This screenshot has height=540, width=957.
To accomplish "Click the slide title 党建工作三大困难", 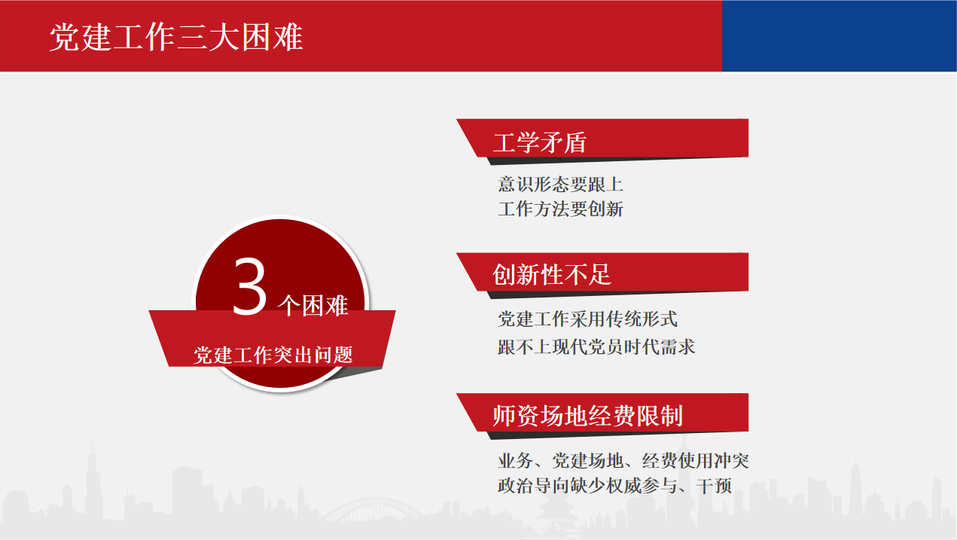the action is pyautogui.click(x=176, y=38).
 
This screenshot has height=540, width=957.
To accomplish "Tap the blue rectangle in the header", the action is pyautogui.click(x=839, y=35).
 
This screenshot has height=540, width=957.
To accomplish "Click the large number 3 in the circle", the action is pyautogui.click(x=250, y=287).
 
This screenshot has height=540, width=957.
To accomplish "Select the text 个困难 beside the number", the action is pyautogui.click(x=312, y=306).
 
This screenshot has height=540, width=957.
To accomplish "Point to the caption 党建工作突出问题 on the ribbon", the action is pyautogui.click(x=273, y=355).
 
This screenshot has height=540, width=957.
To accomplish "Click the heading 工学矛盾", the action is pyautogui.click(x=540, y=142).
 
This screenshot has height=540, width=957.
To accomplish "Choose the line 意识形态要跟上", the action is pyautogui.click(x=560, y=185).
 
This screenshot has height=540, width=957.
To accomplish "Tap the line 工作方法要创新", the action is pyautogui.click(x=560, y=209).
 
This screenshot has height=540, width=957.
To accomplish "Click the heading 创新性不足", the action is pyautogui.click(x=552, y=274).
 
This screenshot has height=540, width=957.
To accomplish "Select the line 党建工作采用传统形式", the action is pyautogui.click(x=587, y=319).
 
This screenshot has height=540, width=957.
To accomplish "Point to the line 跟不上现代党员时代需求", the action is pyautogui.click(x=596, y=346).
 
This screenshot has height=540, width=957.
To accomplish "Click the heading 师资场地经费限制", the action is pyautogui.click(x=587, y=415).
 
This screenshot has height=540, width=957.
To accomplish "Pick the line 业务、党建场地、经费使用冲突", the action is pyautogui.click(x=623, y=460).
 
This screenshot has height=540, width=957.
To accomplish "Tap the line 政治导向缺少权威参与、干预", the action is pyautogui.click(x=615, y=486).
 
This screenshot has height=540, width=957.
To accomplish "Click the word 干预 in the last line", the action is pyautogui.click(x=714, y=486).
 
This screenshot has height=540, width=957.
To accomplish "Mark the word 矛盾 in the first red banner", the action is pyautogui.click(x=563, y=142).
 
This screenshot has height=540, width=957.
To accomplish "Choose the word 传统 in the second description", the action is pyautogui.click(x=632, y=319).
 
